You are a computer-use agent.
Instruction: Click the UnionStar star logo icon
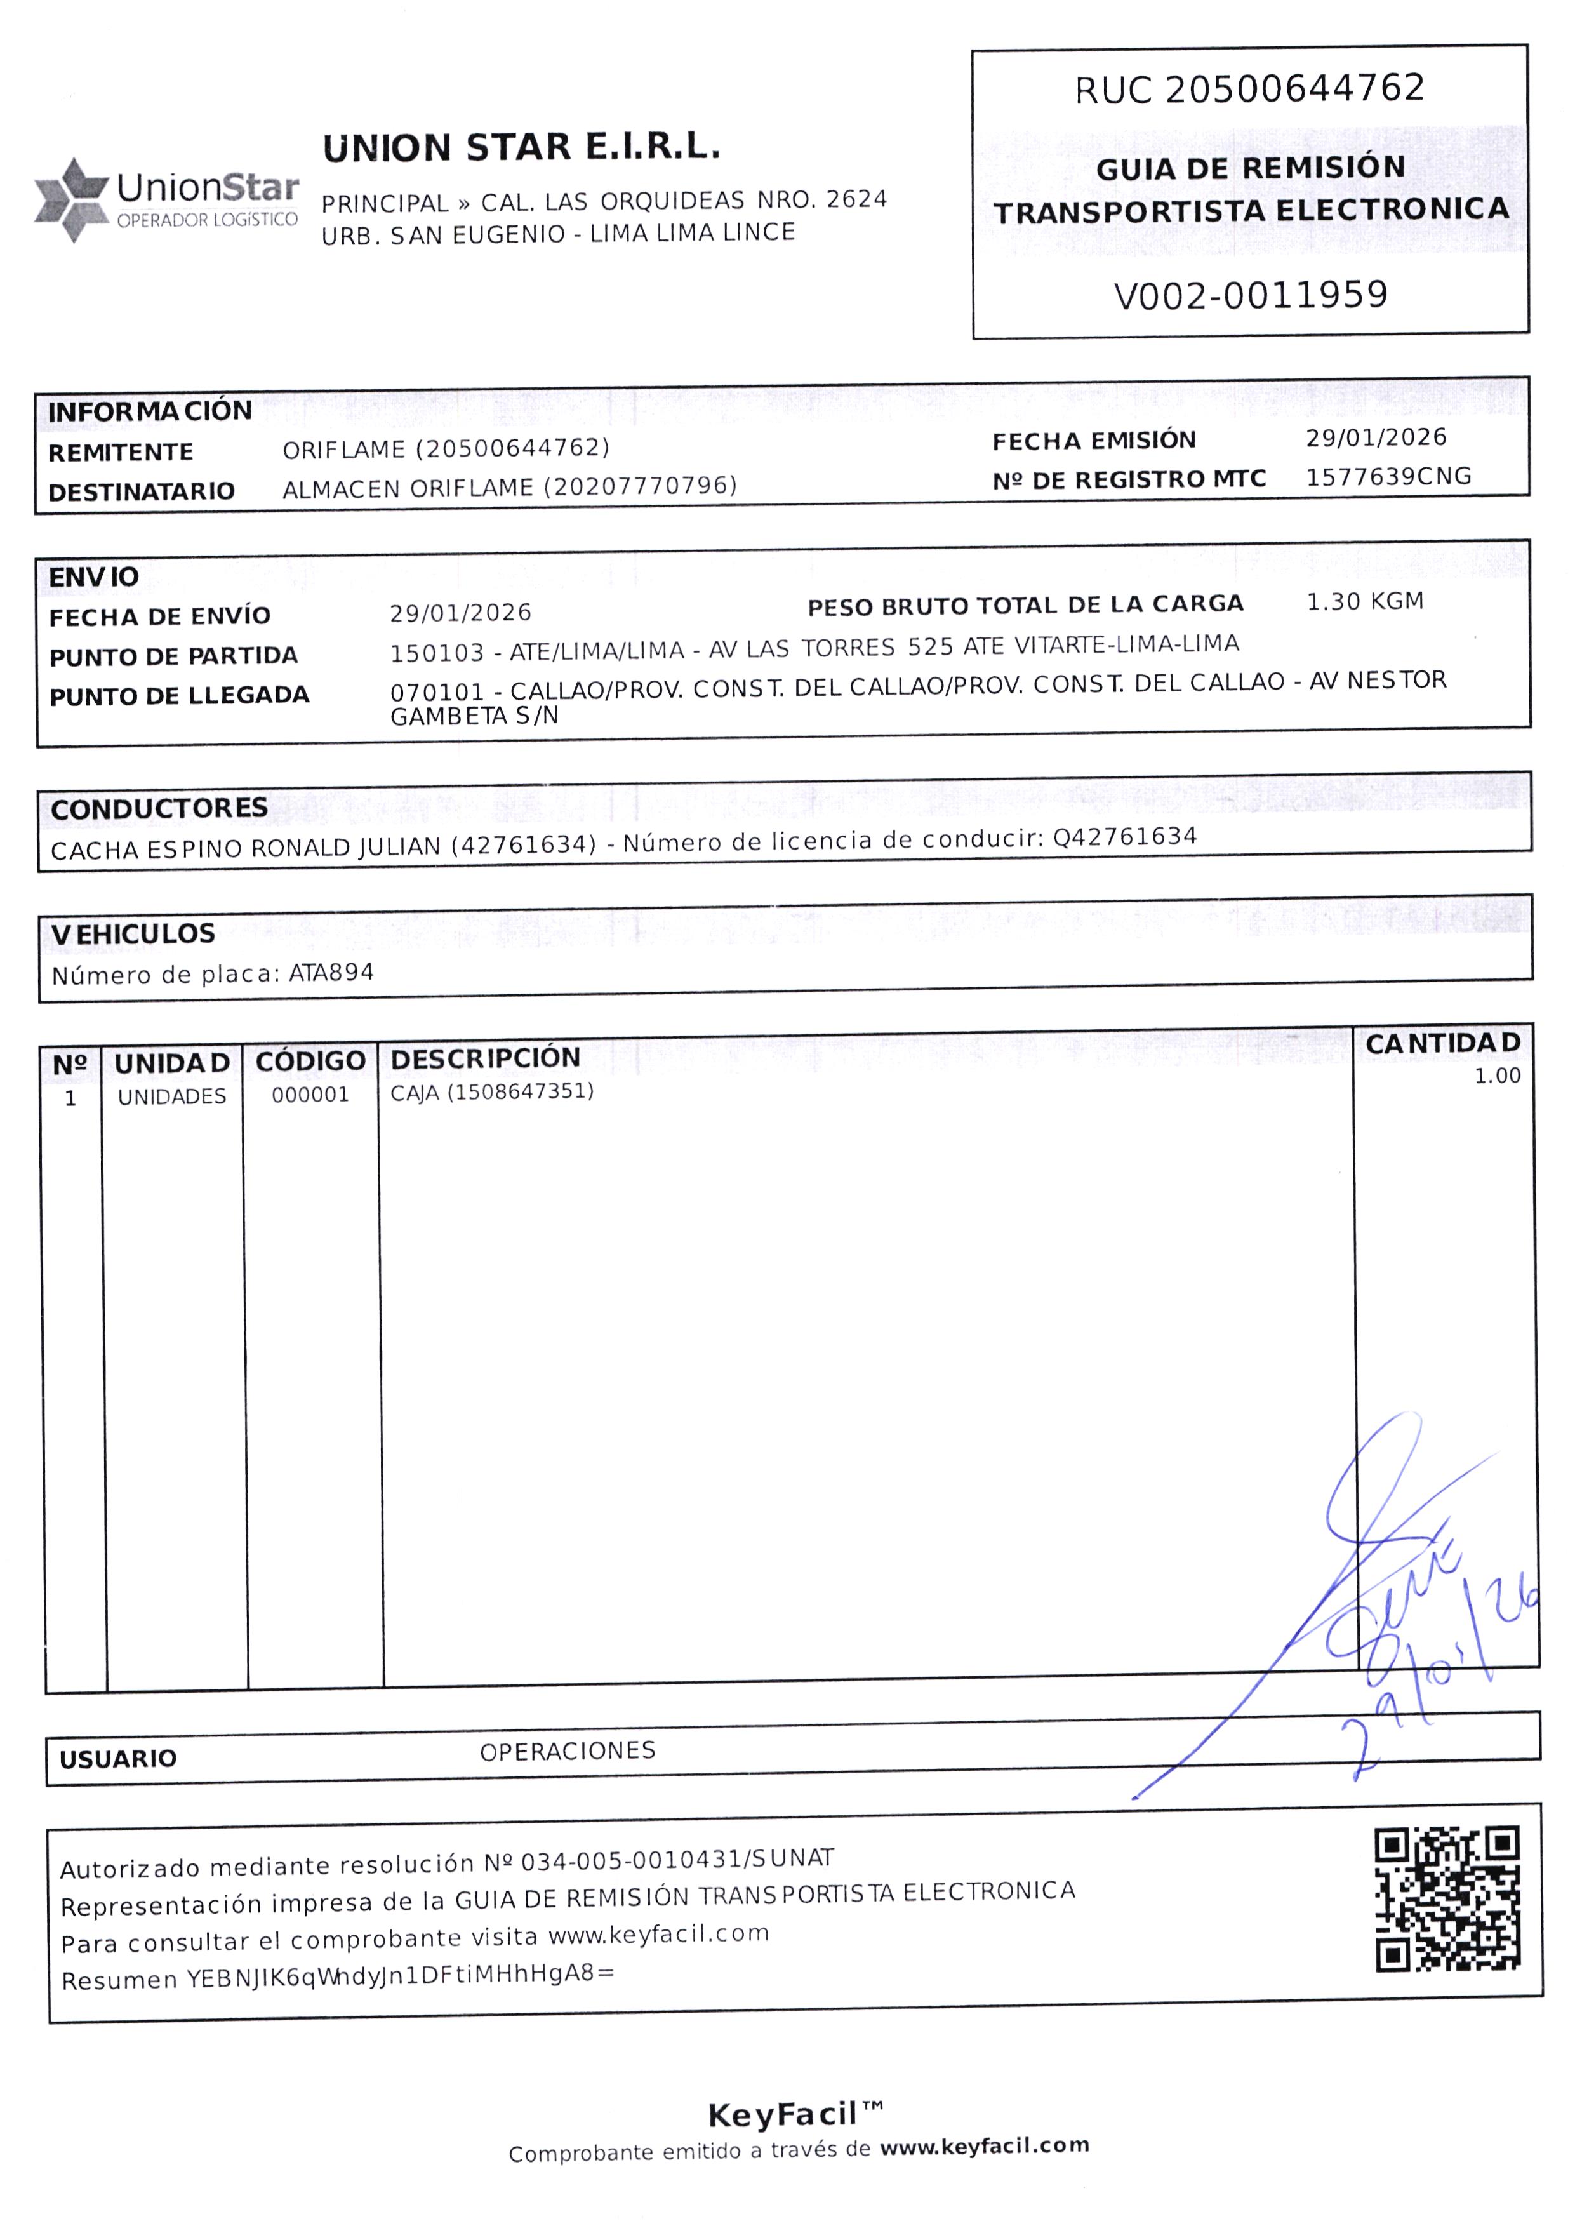[71, 200]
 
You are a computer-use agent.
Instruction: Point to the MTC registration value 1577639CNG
[1388, 476]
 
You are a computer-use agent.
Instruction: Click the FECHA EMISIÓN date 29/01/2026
[1376, 437]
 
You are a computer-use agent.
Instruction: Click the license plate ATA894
[331, 972]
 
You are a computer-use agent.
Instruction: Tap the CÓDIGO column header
[311, 1061]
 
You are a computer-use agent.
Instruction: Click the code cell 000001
[310, 1095]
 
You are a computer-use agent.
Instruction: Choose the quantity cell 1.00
[1496, 1076]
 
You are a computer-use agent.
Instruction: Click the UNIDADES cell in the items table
[171, 1097]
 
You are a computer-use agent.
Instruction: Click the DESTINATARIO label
[141, 491]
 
